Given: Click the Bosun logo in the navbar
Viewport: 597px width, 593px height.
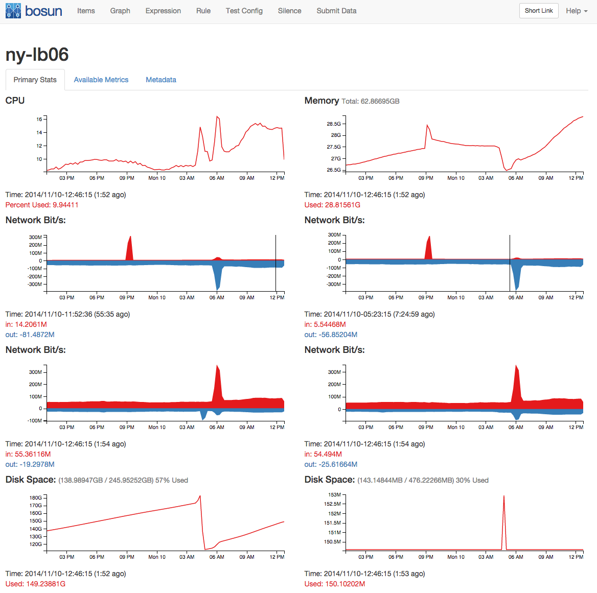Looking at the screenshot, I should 34,11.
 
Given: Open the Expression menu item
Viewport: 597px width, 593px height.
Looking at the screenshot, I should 163,11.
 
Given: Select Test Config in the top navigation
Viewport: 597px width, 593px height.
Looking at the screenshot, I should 244,11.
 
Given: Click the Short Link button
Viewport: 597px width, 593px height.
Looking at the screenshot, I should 539,11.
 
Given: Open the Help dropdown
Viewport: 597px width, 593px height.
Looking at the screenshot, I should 576,11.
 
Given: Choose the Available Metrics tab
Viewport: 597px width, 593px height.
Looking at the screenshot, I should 101,80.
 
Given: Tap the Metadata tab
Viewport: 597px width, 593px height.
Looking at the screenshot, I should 161,80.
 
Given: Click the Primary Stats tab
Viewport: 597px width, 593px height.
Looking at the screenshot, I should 35,80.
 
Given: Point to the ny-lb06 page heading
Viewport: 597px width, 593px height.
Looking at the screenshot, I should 37,55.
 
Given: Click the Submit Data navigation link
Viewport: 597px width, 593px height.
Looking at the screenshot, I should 336,11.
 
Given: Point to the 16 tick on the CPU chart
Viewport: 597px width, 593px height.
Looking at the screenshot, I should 39,119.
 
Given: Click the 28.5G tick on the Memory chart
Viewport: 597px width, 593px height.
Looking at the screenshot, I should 334,124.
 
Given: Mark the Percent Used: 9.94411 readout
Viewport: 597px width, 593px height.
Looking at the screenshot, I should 42,205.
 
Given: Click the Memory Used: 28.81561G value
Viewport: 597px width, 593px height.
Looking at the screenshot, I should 332,205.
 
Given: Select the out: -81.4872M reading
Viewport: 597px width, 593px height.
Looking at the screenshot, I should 30,335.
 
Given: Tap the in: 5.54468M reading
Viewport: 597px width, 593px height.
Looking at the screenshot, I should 325,324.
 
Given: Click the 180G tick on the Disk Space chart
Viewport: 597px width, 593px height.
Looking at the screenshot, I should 36,497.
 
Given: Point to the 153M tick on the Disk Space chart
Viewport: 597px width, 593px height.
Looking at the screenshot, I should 334,494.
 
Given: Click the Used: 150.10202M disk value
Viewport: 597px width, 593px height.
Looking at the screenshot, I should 335,584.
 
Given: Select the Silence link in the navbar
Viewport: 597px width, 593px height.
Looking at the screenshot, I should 289,11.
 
